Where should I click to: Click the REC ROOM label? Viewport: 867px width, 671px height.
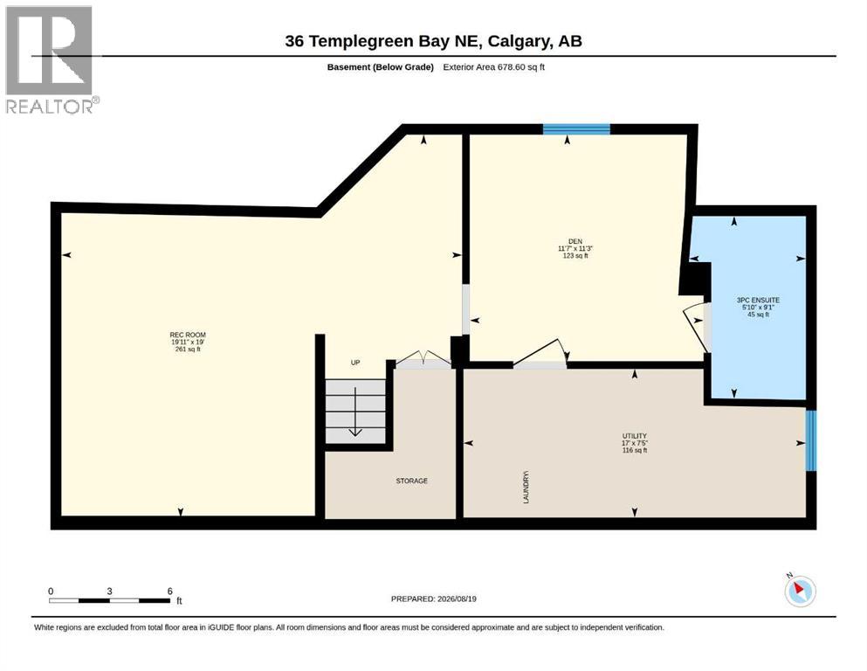188,335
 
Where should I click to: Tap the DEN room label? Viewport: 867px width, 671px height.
575,241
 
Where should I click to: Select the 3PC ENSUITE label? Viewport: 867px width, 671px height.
758,300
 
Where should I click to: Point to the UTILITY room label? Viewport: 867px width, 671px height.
634,436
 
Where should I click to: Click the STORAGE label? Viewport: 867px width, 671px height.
412,481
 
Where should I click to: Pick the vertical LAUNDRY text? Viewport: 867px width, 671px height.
526,487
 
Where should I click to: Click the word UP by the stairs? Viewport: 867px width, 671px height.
355,363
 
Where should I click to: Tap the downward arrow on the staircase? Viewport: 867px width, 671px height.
355,412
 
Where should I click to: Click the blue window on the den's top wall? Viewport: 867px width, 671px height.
576,129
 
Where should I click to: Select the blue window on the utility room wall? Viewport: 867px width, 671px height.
810,440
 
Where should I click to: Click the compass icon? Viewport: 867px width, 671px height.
800,591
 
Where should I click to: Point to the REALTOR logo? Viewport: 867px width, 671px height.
51,59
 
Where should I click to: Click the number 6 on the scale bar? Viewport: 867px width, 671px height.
169,591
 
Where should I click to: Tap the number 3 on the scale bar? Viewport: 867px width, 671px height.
109,591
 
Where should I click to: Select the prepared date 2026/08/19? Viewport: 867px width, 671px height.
457,598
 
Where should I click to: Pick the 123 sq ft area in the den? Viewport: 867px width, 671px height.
575,256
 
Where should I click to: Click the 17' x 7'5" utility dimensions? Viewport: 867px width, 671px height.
634,443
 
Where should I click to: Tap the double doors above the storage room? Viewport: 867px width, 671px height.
424,360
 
